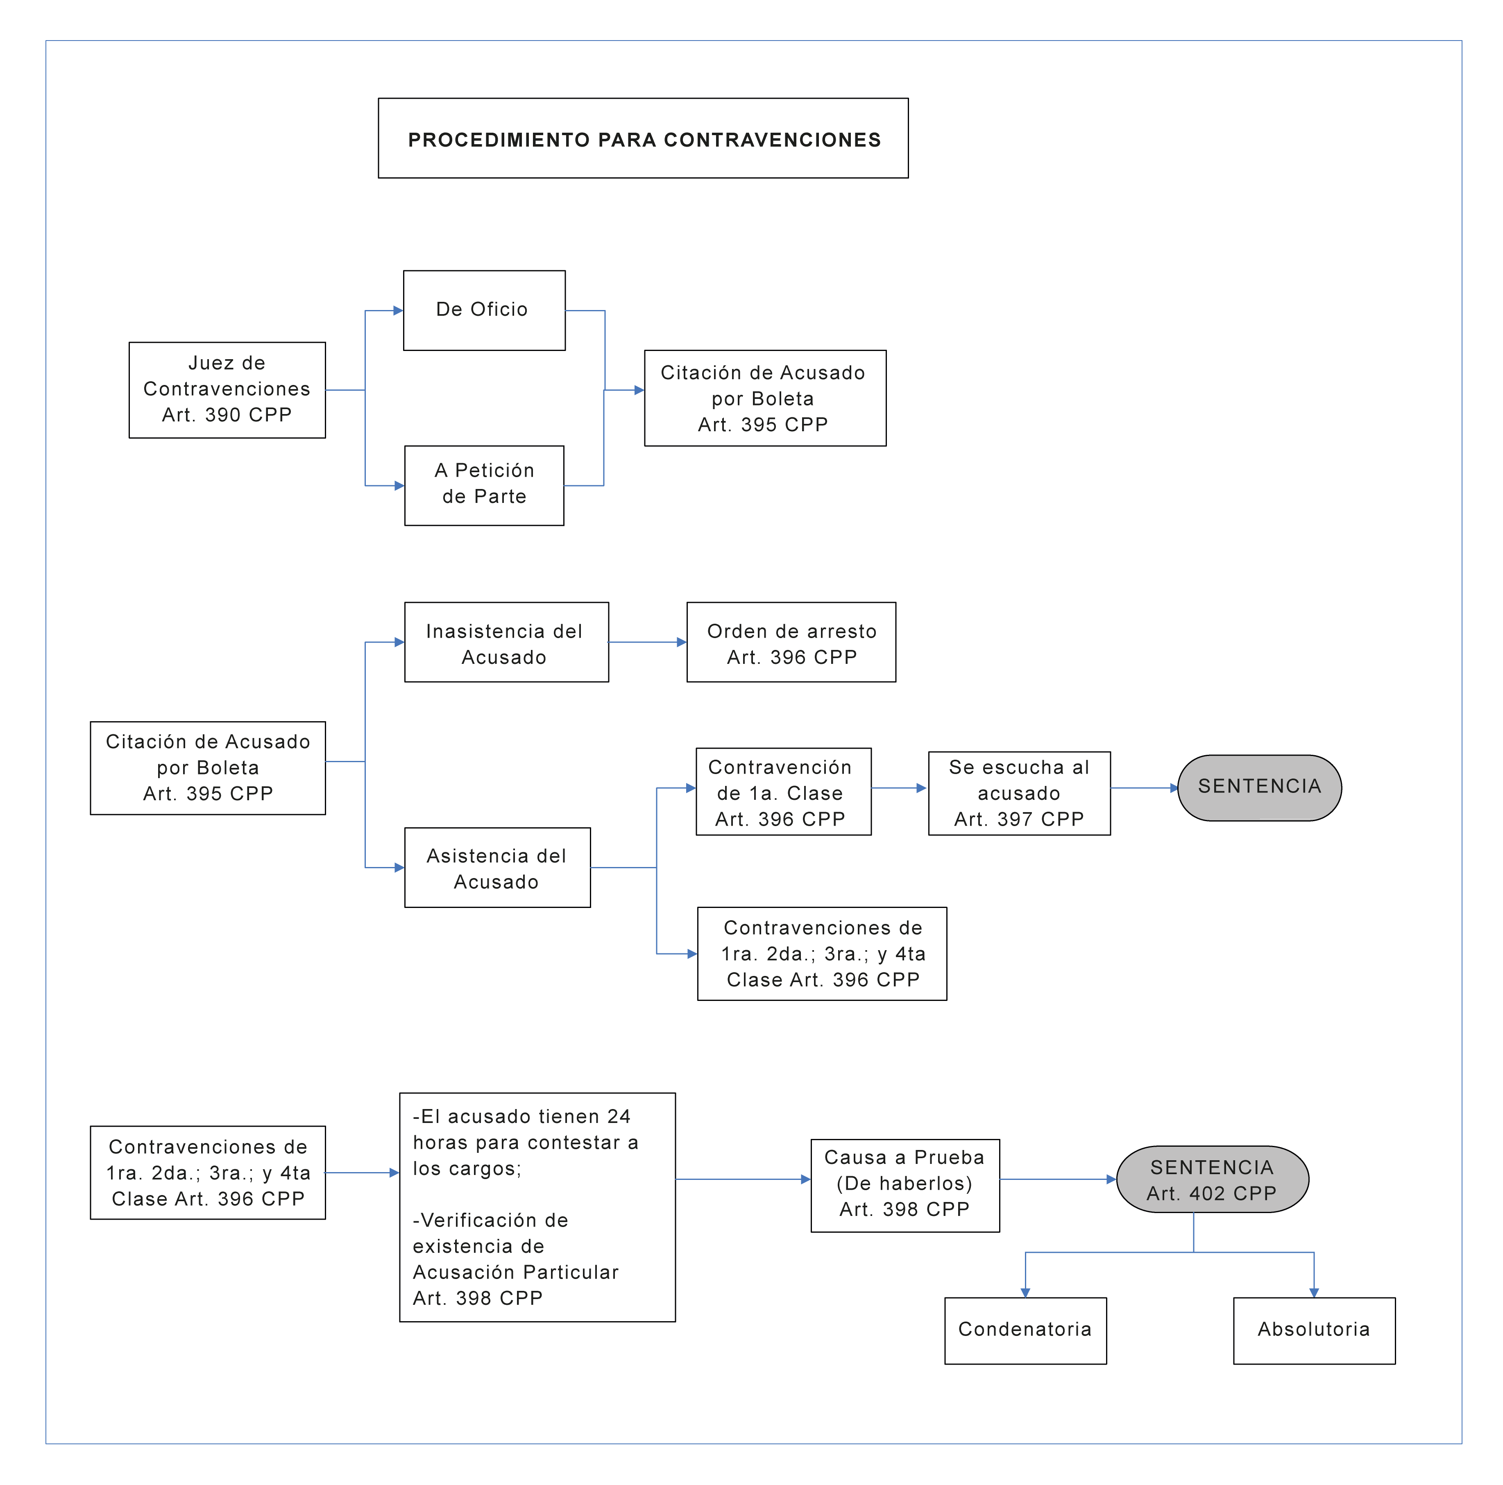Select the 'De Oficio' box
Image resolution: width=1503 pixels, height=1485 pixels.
coord(484,310)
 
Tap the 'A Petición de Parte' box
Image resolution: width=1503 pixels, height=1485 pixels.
coord(484,485)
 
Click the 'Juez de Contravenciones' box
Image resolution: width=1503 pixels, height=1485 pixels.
coord(227,390)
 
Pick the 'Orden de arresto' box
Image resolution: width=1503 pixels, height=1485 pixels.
coord(791,642)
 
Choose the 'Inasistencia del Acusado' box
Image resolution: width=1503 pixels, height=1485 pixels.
coord(506,642)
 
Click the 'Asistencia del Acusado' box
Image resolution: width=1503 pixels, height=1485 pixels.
coord(497,867)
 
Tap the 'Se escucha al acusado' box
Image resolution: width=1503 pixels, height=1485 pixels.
coord(1019,793)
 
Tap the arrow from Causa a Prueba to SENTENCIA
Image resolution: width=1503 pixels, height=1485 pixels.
coord(1058,1179)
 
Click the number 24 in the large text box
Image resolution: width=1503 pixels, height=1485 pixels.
coord(619,1116)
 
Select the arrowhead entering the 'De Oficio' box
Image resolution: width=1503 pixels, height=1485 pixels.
coord(398,310)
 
